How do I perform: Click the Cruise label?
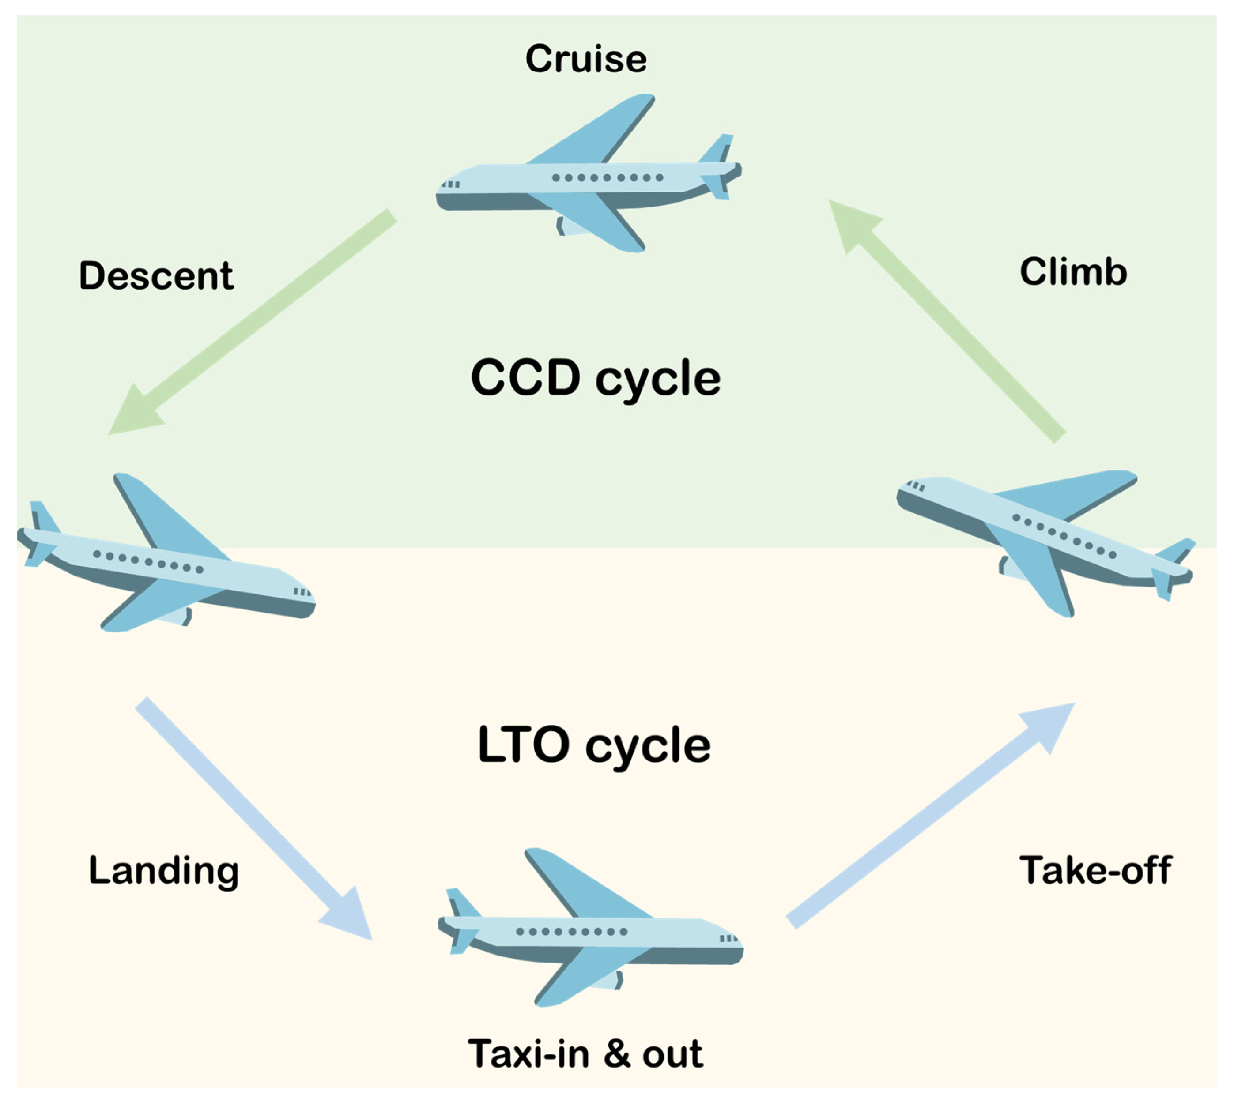tap(586, 59)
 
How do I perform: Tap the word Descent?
tap(155, 276)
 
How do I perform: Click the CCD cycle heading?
tap(595, 378)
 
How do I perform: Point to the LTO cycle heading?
tap(594, 745)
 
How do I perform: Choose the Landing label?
tap(163, 871)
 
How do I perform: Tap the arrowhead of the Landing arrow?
tap(350, 914)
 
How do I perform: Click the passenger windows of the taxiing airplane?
tap(571, 932)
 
